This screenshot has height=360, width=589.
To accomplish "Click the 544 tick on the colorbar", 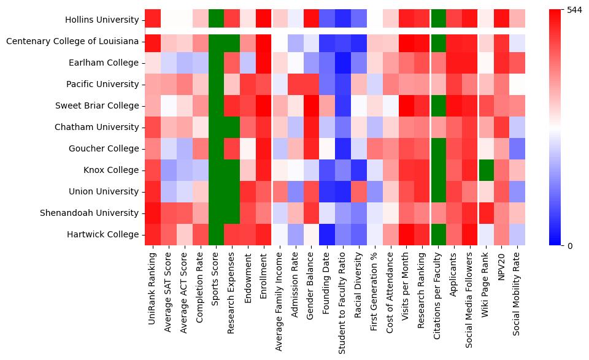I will click(x=575, y=10).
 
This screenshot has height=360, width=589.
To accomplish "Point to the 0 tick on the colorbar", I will click(x=570, y=246).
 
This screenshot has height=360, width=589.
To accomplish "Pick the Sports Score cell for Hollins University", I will click(x=216, y=20).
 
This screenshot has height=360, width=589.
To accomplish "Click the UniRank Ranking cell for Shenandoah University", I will click(x=152, y=213).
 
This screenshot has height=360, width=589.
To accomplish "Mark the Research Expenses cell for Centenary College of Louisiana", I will click(x=232, y=42).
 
